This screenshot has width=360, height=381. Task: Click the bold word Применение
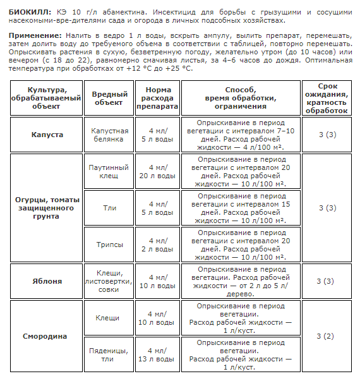[x=35, y=36]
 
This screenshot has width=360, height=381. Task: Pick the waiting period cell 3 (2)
[x=326, y=336]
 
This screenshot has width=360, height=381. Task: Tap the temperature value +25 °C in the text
[x=178, y=68]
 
